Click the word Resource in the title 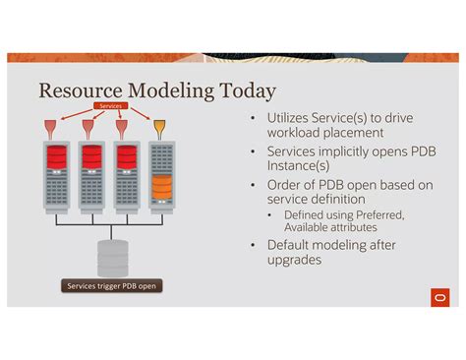(78, 91)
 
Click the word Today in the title (244, 91)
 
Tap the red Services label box (110, 105)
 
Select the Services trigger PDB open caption (111, 286)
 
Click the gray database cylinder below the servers (112, 257)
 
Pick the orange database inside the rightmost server (161, 183)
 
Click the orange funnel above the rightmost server (159, 128)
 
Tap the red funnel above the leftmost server (55, 128)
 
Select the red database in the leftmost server (56, 156)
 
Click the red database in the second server (91, 156)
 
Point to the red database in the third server (125, 156)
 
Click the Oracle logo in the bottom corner (438, 295)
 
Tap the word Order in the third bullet (287, 185)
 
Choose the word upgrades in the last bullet (299, 261)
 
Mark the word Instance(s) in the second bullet (304, 167)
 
